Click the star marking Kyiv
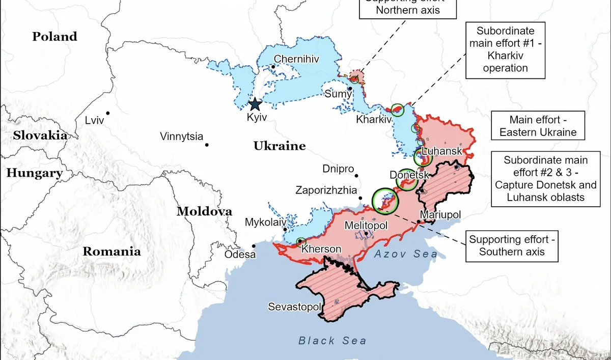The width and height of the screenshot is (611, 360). coord(255,104)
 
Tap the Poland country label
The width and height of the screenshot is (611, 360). coord(54,37)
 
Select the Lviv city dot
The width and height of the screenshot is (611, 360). coord(108,113)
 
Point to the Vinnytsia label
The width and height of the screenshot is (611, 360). coord(181,136)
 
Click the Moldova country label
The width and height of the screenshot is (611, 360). coord(204,212)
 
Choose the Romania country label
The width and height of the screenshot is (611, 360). coord(112,251)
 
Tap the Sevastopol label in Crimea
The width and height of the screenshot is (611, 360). coord(295,307)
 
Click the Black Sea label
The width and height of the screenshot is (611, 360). coord(332,341)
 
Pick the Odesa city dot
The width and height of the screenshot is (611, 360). coord(254,245)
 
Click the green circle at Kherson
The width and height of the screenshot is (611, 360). coord(300,242)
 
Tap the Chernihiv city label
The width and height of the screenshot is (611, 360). coord(296,59)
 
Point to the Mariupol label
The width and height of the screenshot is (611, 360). coord(440,215)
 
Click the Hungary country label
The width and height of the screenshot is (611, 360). coord(34,173)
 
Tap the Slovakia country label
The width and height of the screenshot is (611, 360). coord(40,135)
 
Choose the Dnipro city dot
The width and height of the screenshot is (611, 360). coord(356,175)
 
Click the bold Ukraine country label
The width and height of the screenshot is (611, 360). coord(280,147)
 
